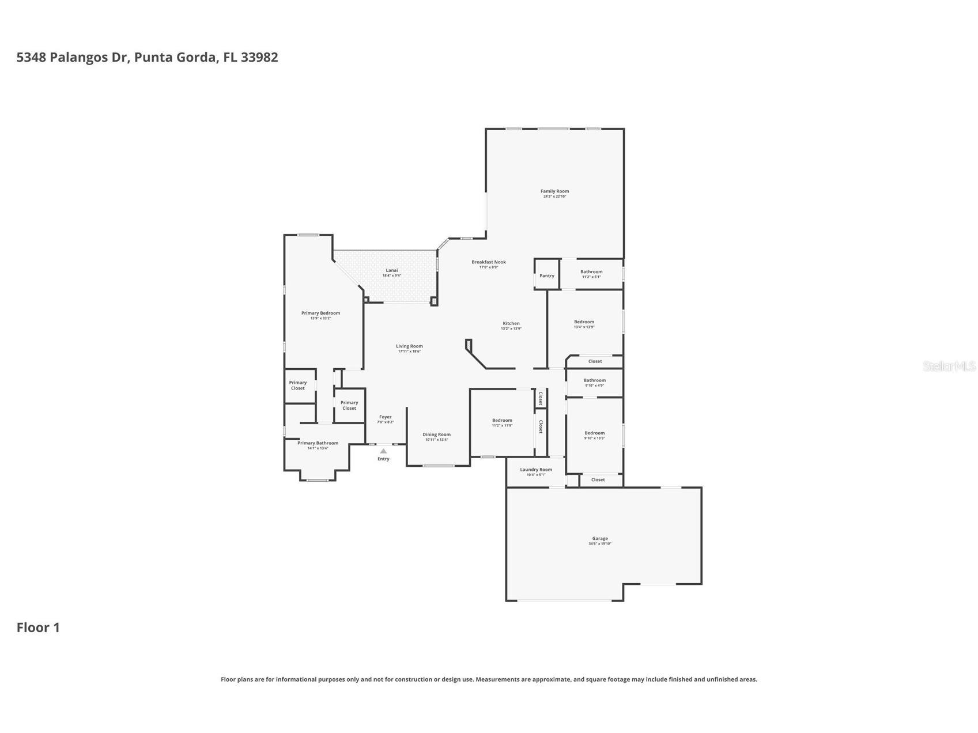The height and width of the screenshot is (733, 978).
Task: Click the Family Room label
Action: (554, 191)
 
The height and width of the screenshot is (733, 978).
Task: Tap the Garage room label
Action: (599, 539)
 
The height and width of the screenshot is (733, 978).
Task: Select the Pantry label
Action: (546, 276)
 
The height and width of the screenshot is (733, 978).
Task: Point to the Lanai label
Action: (391, 270)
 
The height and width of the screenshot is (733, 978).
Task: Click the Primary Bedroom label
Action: (320, 313)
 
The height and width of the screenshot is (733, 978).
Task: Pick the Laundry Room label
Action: (535, 470)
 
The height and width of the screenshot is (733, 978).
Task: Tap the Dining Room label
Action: (436, 434)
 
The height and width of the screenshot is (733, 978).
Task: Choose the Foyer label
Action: (385, 417)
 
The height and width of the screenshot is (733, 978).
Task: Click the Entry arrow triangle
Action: (383, 451)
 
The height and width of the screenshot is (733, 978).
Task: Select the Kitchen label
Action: (511, 323)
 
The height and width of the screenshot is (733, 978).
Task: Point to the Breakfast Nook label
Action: (488, 262)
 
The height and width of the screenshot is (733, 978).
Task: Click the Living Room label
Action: (409, 346)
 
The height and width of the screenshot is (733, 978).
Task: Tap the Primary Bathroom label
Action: (318, 443)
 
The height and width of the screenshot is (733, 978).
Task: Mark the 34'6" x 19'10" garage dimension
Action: (599, 544)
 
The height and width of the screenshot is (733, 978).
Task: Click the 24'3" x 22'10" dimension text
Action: (554, 197)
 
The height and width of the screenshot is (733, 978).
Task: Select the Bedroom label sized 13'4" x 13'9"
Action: (584, 322)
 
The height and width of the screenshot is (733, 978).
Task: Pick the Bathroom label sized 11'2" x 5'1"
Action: (591, 272)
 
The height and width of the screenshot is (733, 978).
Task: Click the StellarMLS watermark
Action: (949, 366)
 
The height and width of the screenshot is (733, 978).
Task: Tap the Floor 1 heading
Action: (38, 628)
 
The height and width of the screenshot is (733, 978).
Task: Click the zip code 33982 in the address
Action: (259, 57)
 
